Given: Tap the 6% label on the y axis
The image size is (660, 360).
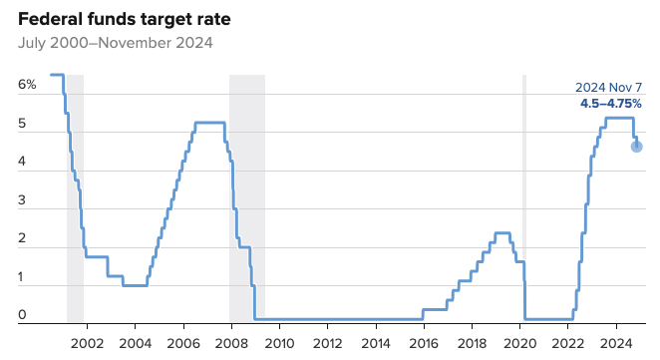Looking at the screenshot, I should [27, 85].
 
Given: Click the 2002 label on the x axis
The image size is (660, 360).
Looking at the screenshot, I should [87, 342].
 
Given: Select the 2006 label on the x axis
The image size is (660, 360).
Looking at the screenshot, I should [183, 342].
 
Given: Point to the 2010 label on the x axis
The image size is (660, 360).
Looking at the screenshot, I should [280, 342].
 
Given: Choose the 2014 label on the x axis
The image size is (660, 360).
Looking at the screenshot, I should [377, 342].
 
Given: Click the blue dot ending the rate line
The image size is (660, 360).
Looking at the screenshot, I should [637, 147].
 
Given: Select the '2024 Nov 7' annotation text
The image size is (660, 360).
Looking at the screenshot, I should [608, 87].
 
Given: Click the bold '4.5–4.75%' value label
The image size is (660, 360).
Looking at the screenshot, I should [611, 103].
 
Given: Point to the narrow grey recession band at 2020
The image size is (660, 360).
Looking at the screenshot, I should [524, 199].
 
